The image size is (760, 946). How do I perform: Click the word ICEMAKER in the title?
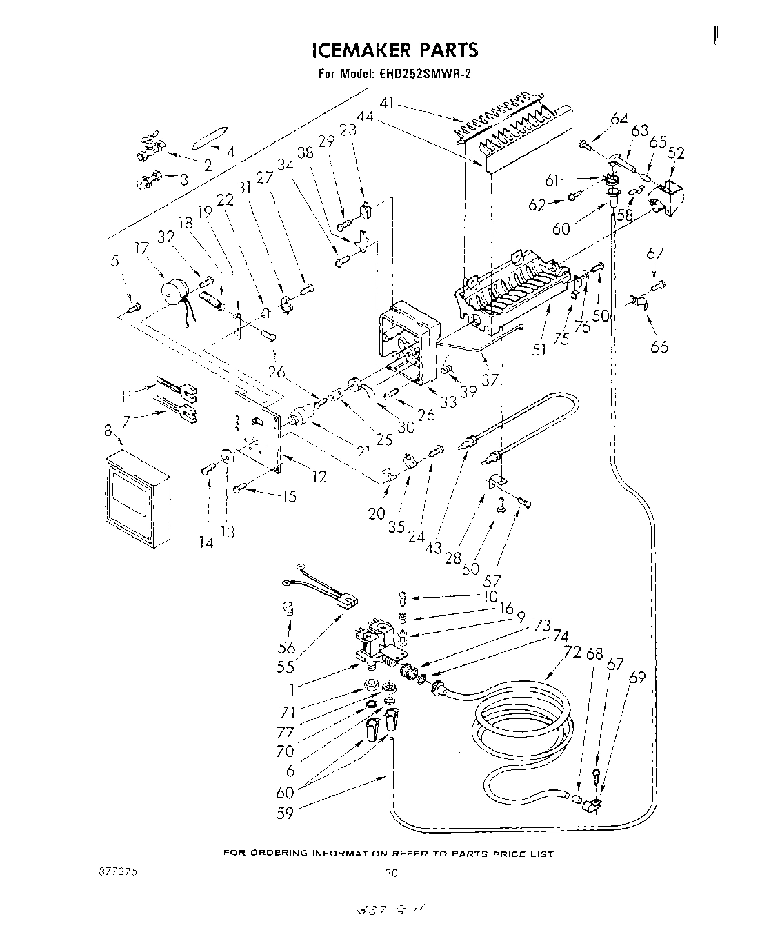tap(356, 50)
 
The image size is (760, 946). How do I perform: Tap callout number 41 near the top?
tap(387, 104)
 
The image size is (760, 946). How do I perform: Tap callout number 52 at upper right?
tap(677, 154)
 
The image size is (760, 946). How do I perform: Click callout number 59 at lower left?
tap(285, 813)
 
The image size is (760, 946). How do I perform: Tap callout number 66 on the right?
tap(659, 346)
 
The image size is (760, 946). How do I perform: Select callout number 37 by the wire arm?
tap(490, 379)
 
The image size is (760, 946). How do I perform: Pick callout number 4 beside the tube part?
tap(230, 152)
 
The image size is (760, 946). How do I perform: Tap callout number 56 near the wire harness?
tap(286, 647)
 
